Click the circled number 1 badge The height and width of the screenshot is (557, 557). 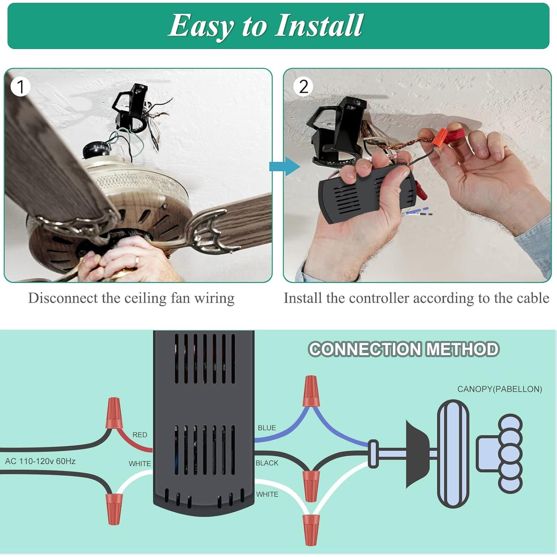pyautogui.click(x=20, y=87)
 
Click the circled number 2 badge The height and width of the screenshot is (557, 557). pyautogui.click(x=303, y=87)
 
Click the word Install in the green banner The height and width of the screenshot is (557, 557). pyautogui.click(x=319, y=25)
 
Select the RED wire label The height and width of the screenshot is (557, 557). pyautogui.click(x=140, y=434)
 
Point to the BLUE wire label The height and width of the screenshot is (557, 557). pyautogui.click(x=267, y=428)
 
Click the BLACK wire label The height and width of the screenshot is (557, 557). pyautogui.click(x=267, y=463)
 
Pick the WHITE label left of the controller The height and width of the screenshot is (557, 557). pyautogui.click(x=140, y=464)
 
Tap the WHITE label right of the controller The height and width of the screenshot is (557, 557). pyautogui.click(x=267, y=494)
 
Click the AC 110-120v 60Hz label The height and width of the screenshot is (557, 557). pyautogui.click(x=40, y=461)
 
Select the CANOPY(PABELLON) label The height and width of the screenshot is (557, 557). pyautogui.click(x=499, y=389)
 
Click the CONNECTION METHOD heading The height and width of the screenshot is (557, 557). pyautogui.click(x=404, y=349)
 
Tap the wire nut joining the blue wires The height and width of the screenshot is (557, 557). pyautogui.click(x=310, y=391)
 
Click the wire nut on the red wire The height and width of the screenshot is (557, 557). pyautogui.click(x=114, y=413)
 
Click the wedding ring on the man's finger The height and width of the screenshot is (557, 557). pyautogui.click(x=137, y=260)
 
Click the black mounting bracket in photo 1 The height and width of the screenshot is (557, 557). pyautogui.click(x=131, y=108)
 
